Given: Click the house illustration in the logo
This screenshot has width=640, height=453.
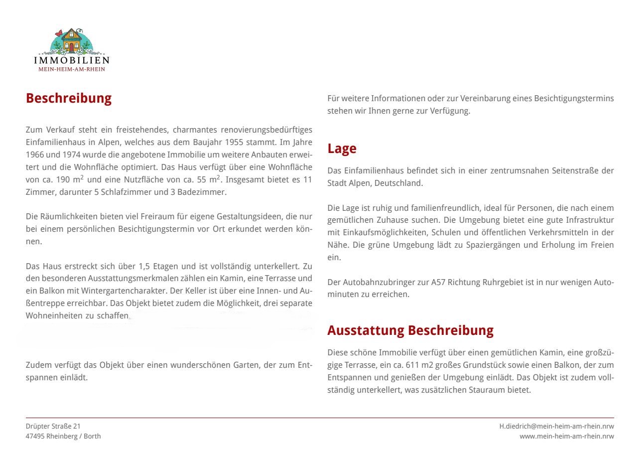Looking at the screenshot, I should (71, 40).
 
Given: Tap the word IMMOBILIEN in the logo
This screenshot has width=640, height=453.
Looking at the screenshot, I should (71, 60).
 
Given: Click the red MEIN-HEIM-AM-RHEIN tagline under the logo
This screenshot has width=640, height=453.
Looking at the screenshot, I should (72, 69).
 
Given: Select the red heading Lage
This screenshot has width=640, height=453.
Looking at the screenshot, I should (342, 149).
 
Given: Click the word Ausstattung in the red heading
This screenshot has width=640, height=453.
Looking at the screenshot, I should (366, 330).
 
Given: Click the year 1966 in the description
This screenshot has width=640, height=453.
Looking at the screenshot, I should (35, 154).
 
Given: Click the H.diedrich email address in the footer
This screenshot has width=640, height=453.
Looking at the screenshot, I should (556, 427).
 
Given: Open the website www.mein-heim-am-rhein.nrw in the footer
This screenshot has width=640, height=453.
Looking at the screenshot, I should (566, 437).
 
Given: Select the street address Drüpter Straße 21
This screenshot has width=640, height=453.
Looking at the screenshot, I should (53, 427).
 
